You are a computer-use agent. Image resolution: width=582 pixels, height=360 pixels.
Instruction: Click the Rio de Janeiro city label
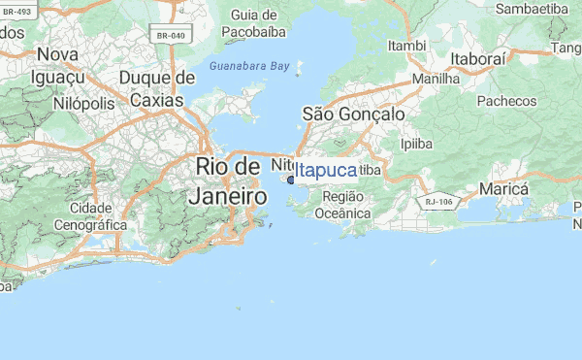coord(231,180)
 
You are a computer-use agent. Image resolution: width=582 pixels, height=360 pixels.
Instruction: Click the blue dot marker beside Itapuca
coord(290,180)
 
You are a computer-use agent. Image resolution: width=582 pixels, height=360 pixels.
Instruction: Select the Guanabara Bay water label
coord(249,66)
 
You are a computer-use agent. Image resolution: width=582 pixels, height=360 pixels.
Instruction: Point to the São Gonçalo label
coord(354,115)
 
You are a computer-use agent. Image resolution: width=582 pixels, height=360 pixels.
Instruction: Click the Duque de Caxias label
coord(156,88)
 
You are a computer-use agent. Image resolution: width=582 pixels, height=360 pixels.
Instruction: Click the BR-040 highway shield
coord(170,36)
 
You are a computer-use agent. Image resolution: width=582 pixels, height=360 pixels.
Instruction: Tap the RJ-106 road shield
coord(438,202)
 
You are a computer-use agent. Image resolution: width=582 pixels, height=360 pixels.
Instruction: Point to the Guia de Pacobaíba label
coord(256,23)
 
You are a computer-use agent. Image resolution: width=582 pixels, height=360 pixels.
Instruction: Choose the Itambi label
coord(407,46)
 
